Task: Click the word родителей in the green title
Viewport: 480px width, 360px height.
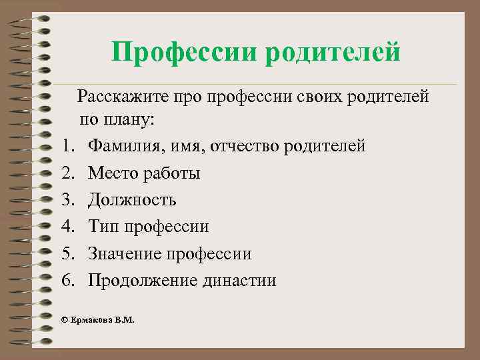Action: coord(333,52)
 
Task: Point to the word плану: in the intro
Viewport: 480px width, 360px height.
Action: coord(130,121)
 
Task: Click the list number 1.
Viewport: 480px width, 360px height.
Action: coord(67,145)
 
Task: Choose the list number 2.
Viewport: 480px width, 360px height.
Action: coord(67,173)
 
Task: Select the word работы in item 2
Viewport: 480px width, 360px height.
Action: coord(171,173)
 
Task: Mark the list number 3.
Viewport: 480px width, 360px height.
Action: coord(67,200)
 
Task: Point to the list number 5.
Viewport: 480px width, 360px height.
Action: coord(67,254)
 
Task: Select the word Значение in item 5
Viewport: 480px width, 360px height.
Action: coord(127,254)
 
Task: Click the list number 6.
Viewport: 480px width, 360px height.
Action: coord(67,281)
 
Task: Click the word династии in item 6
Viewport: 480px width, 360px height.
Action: coord(239,281)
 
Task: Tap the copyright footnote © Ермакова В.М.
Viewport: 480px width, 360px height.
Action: coord(97,320)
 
